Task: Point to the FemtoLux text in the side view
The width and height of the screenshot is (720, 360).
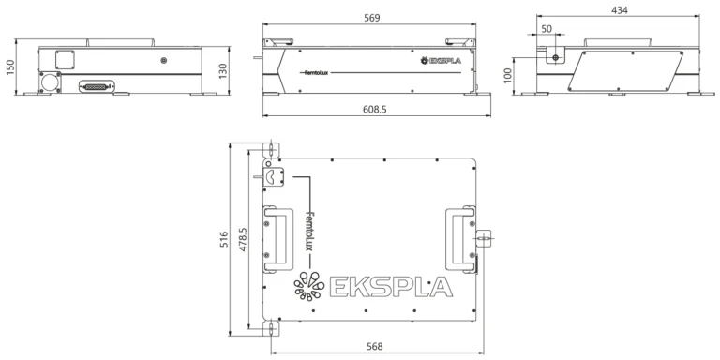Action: pos(315,71)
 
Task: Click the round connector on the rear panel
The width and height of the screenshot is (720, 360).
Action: pos(47,82)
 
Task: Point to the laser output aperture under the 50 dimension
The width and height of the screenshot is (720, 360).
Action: pos(556,58)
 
